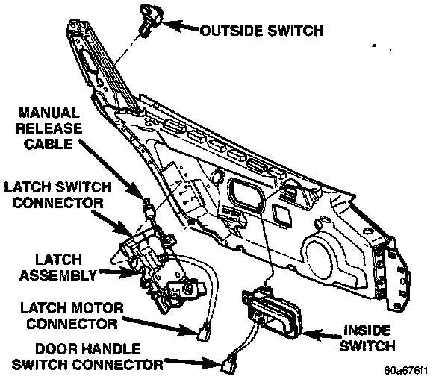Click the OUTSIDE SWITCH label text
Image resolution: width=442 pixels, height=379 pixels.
[x=262, y=31]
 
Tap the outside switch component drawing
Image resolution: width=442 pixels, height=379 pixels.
[x=151, y=19]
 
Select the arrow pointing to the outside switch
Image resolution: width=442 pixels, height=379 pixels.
[x=181, y=26]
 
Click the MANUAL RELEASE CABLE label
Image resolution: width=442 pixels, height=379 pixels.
[x=49, y=128]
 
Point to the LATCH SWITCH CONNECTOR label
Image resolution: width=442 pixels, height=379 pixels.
[x=57, y=195]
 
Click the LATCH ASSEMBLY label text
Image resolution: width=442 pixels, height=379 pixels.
[x=58, y=267]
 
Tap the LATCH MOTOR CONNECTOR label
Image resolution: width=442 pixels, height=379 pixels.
[x=72, y=316]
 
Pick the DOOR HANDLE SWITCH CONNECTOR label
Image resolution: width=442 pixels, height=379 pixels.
[x=87, y=357]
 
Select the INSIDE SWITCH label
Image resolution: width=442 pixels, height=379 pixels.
[x=367, y=338]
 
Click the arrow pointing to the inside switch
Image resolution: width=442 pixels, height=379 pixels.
[x=321, y=335]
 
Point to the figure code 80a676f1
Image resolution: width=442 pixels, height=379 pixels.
[x=406, y=370]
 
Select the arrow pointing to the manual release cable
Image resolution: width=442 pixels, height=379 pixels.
[x=112, y=169]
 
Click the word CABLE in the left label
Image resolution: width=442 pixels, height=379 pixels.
[x=49, y=144]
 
